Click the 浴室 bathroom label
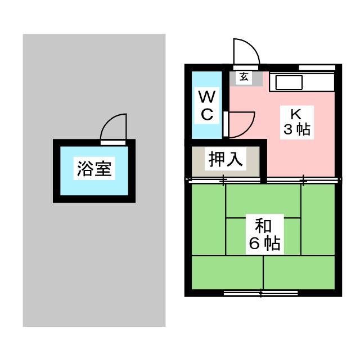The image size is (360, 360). tap(94, 169)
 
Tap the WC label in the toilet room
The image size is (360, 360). tap(207, 105)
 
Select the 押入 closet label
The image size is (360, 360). tap(226, 159)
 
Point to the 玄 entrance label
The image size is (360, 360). tap(244, 76)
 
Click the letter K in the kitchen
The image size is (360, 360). tap(296, 114)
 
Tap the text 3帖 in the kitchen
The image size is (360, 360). tap(297, 129)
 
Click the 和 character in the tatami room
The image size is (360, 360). tap(263, 226)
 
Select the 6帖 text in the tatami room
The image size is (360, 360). tap(265, 244)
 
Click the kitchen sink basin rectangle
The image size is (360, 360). tap(289, 83)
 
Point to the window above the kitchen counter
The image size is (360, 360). tap(317, 67)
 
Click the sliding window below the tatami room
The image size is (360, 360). tap(261, 292)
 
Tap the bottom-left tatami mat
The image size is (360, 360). tap(227, 272)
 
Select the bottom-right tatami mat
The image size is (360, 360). tap(299, 272)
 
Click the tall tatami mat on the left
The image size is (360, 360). tap(209, 219)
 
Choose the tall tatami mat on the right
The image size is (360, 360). tap(318, 219)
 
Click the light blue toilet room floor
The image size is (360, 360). tap(206, 105)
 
